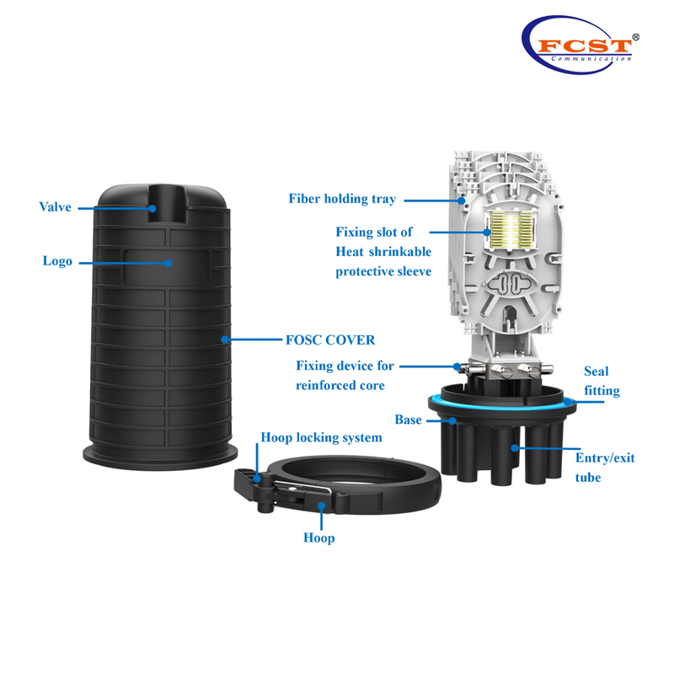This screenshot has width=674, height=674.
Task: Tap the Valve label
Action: pos(56,206)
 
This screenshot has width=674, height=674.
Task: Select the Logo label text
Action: pos(57,261)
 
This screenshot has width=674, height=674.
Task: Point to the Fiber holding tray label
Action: pos(342,200)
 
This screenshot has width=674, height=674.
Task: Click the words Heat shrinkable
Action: pos(383,251)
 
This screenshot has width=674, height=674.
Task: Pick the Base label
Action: pos(408,420)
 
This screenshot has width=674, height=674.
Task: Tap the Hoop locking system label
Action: pos(321,438)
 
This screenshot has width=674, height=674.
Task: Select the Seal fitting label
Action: pos(602,381)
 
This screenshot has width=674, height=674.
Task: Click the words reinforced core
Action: pos(340,385)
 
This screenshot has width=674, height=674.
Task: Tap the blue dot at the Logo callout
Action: pos(168,262)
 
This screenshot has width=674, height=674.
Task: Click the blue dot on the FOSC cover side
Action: pos(225,340)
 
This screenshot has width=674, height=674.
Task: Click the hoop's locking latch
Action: pos(256,481)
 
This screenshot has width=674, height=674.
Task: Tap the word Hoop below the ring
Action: pos(318,538)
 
